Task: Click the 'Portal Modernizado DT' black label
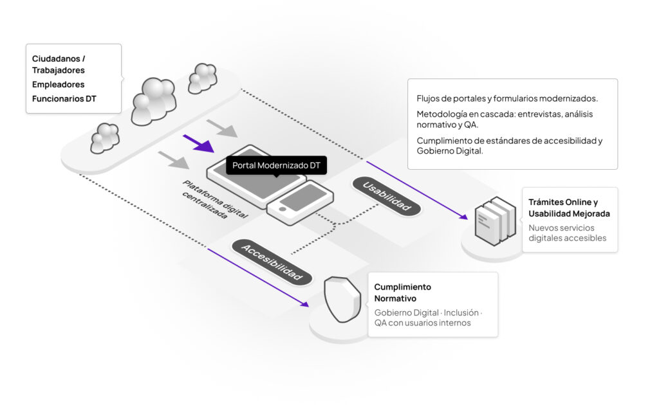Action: pyautogui.click(x=276, y=166)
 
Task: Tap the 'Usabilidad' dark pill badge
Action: pyautogui.click(x=387, y=196)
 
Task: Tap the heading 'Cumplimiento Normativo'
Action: pyautogui.click(x=402, y=292)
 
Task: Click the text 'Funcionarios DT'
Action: pyautogui.click(x=64, y=98)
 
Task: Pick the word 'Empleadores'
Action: pyautogui.click(x=58, y=84)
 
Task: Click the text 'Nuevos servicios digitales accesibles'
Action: pyautogui.click(x=567, y=233)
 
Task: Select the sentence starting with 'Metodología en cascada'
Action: pyautogui.click(x=505, y=120)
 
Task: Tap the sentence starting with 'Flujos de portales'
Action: pyautogui.click(x=507, y=98)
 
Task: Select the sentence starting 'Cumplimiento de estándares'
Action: pyautogui.click(x=509, y=146)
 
